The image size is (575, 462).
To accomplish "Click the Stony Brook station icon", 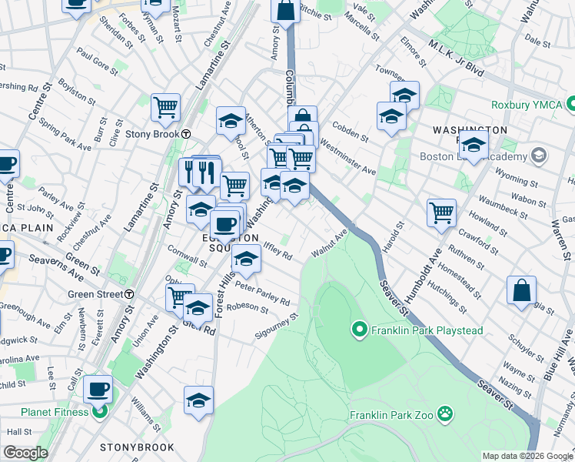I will tap(187, 133).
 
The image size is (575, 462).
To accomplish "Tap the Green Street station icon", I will tap(130, 294).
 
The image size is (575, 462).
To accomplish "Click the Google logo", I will tap(25, 453).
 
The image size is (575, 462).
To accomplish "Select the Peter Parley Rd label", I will tap(262, 293).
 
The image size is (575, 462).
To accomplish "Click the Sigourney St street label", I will tap(277, 327).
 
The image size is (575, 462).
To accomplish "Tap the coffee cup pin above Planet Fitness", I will tap(98, 388).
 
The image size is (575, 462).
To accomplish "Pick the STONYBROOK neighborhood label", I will tap(133, 447).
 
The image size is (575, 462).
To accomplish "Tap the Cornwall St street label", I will tap(192, 258).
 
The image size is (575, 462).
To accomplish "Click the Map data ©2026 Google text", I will tap(527, 456).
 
